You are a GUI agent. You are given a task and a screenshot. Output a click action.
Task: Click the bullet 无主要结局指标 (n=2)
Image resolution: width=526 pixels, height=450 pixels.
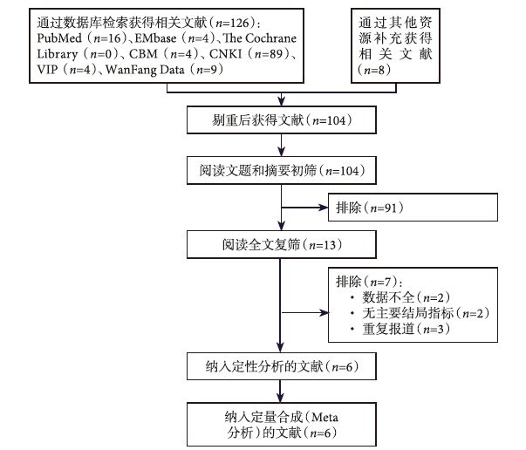click(x=414, y=313)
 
